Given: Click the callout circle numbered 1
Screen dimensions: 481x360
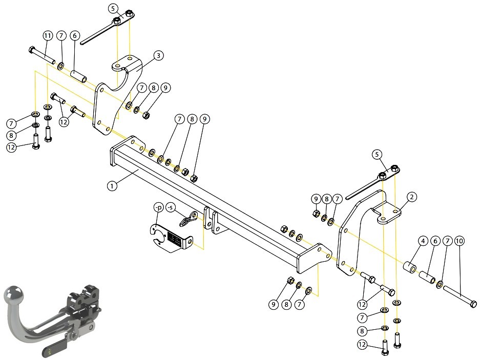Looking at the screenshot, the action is click(112, 186).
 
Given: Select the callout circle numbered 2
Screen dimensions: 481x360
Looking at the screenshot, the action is click(412, 197).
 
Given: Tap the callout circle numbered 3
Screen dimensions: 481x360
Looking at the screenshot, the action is click(158, 55).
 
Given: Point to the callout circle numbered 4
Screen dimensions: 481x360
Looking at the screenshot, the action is click(423, 241).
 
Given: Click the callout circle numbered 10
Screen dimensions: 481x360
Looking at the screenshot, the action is click(459, 241).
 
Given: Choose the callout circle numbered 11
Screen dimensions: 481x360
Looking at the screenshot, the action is click(48, 36).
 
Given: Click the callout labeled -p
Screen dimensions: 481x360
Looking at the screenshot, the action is click(159, 207).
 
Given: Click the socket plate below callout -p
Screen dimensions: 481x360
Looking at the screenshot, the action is click(171, 238).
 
